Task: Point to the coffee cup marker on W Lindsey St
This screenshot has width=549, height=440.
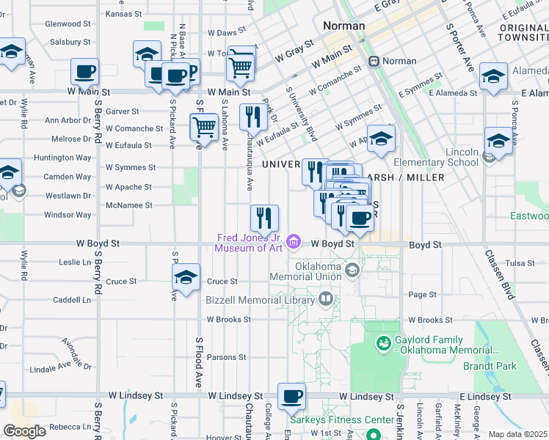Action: (291, 397)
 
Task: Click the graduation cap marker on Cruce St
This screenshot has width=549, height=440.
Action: (186, 278)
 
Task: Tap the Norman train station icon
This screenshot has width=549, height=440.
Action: (374, 61)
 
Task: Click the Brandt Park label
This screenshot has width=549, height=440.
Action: (509, 366)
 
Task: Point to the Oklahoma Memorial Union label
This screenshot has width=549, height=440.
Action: (305, 271)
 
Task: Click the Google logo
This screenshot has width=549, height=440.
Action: (25, 431)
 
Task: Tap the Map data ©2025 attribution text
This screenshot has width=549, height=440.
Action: (517, 434)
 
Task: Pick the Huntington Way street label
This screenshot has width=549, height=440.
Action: (68, 158)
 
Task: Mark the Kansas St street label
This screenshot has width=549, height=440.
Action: (123, 13)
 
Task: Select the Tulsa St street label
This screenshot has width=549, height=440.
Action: (520, 263)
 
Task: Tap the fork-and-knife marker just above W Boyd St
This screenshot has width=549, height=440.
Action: (264, 218)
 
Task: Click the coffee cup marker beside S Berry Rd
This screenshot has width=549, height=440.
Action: (85, 72)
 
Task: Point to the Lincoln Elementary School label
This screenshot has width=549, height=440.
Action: (446, 157)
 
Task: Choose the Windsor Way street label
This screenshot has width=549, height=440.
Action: (68, 215)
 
